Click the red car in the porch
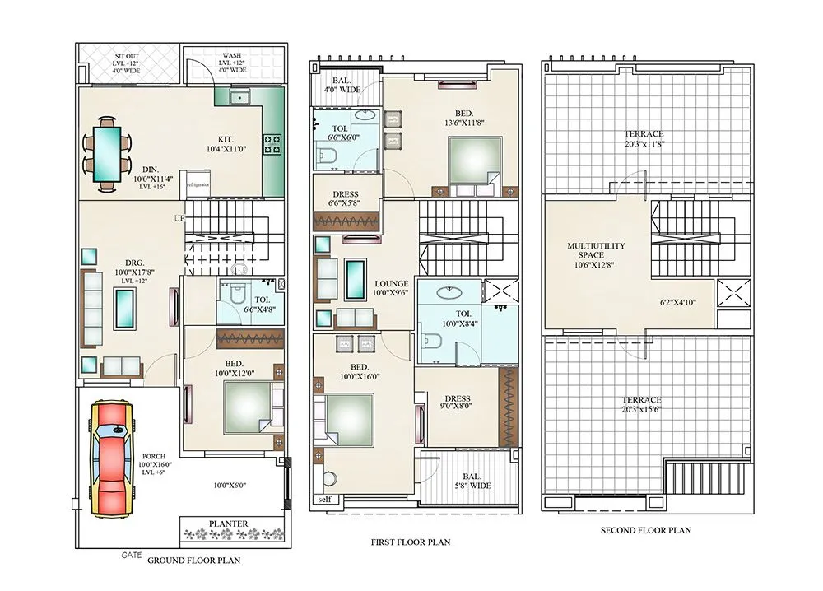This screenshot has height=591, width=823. pos(112,459)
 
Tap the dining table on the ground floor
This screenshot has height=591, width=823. pos(107,154)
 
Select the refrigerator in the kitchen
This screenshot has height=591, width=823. pos(197,184)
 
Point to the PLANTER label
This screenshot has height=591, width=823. pos(228,524)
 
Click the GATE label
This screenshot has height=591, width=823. pos(131,555)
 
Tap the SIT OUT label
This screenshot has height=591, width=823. pos(127,56)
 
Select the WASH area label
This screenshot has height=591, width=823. pos(232,55)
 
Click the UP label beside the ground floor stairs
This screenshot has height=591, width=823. pos(179,218)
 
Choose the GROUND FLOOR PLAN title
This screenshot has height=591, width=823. pos(193,561)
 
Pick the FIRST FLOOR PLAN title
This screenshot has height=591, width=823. pos(411,542)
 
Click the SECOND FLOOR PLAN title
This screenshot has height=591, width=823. pos(645,530)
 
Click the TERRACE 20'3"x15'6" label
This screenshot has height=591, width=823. pos(642,404)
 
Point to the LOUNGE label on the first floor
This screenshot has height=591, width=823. pos(392,283)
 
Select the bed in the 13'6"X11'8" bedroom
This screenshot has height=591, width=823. pos(475,165)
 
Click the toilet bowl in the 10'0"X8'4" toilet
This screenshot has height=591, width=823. pos(431,341)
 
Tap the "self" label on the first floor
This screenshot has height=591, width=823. pos(325,499)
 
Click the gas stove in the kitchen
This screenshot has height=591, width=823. pos(272,144)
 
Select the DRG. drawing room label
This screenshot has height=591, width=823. pos(134,263)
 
